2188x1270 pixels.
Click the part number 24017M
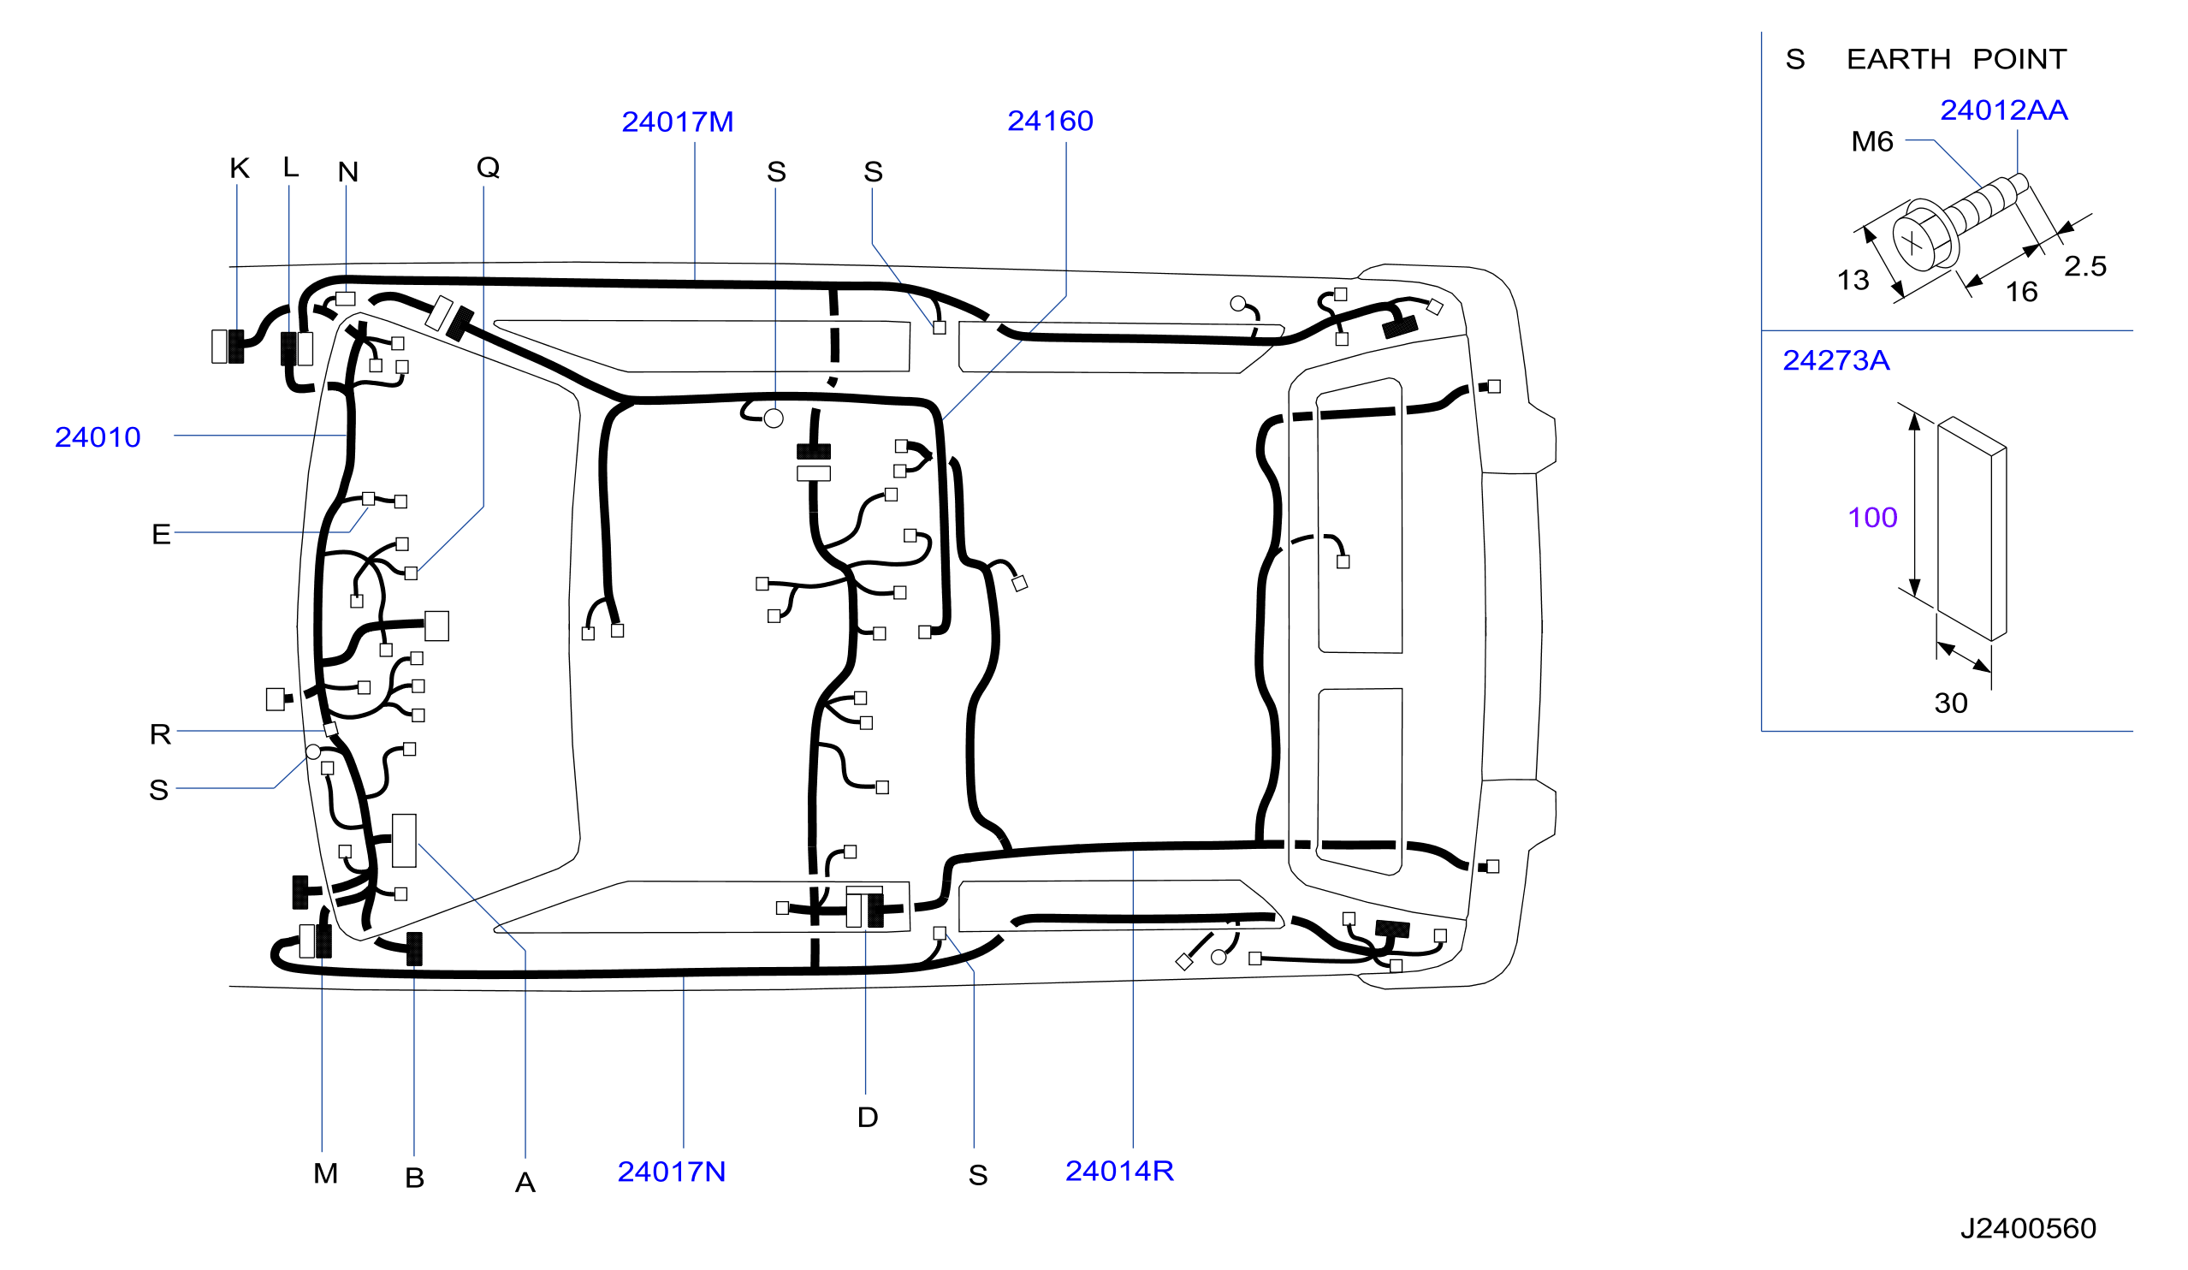(x=677, y=122)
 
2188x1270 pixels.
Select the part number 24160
(x=1050, y=121)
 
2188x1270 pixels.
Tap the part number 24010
(x=98, y=436)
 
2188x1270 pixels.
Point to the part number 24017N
(x=671, y=1172)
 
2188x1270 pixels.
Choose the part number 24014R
(x=1119, y=1171)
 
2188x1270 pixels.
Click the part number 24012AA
(x=2004, y=110)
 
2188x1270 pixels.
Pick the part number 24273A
(x=1836, y=360)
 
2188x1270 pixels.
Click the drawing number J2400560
(x=2028, y=1228)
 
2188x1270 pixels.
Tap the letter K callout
(x=240, y=169)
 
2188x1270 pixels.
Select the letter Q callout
(x=488, y=168)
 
